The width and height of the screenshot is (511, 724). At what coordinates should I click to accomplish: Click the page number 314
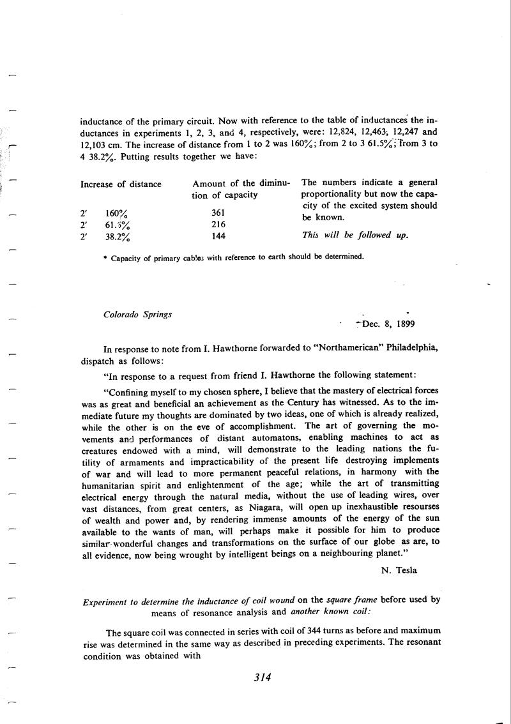(263, 677)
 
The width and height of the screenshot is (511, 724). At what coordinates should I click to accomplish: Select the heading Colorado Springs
(137, 314)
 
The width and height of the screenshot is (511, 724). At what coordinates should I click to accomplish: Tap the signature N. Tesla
(399, 570)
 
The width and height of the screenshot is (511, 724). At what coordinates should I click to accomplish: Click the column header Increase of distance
(121, 185)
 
